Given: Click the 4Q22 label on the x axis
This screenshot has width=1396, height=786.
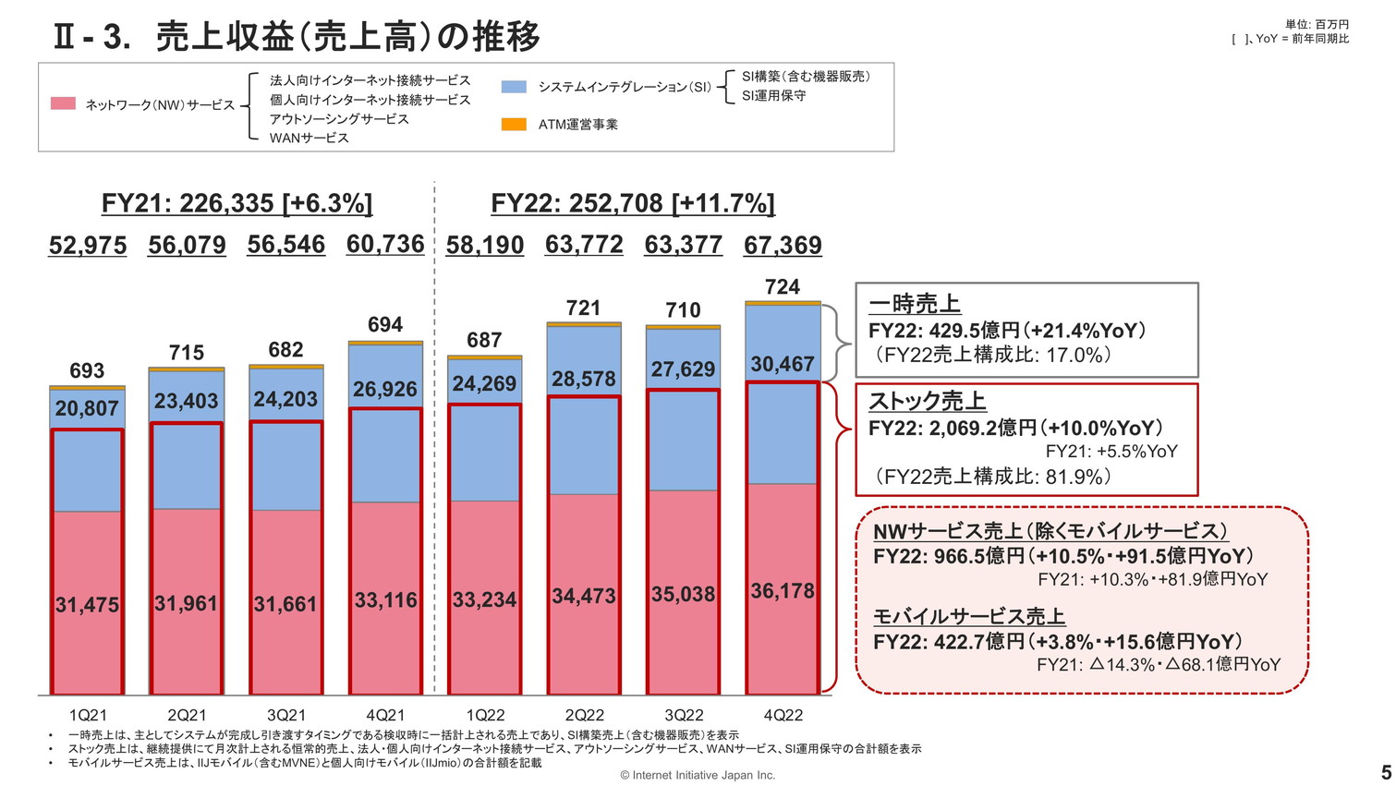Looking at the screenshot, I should click(x=783, y=715).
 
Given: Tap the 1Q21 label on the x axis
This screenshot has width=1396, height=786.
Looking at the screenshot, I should click(x=88, y=715).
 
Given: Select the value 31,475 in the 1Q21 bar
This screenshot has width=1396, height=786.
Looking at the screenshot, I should click(x=87, y=605).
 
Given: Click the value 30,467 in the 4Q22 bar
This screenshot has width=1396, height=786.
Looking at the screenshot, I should click(x=783, y=365).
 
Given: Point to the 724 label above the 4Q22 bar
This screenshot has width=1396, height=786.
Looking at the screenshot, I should click(x=783, y=287).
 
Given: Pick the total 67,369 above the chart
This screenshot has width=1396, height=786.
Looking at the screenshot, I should click(x=783, y=246).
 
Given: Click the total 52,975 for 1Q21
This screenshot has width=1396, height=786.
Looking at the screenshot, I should click(x=88, y=246).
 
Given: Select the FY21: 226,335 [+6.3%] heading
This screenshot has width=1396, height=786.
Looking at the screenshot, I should click(x=237, y=203).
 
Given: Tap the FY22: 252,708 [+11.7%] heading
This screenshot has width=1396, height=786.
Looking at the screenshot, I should click(x=633, y=203).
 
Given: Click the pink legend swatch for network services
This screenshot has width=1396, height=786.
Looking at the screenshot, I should click(x=63, y=104).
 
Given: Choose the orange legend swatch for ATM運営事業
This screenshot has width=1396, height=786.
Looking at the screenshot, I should click(x=514, y=125).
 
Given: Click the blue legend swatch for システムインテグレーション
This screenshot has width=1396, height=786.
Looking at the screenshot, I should click(x=514, y=87).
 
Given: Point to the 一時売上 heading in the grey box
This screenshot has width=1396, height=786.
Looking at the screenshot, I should click(x=915, y=304).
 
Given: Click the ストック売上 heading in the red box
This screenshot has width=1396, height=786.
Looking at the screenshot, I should click(x=927, y=402).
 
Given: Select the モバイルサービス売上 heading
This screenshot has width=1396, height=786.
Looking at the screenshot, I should click(x=969, y=617).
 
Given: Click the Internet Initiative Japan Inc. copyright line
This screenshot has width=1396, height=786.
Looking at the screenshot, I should click(x=698, y=776).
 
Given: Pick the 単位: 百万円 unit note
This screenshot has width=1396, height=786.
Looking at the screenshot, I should click(x=1317, y=25).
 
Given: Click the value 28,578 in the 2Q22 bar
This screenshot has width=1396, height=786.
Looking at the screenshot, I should click(x=584, y=380).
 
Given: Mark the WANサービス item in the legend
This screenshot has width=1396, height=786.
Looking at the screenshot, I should click(x=310, y=139).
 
